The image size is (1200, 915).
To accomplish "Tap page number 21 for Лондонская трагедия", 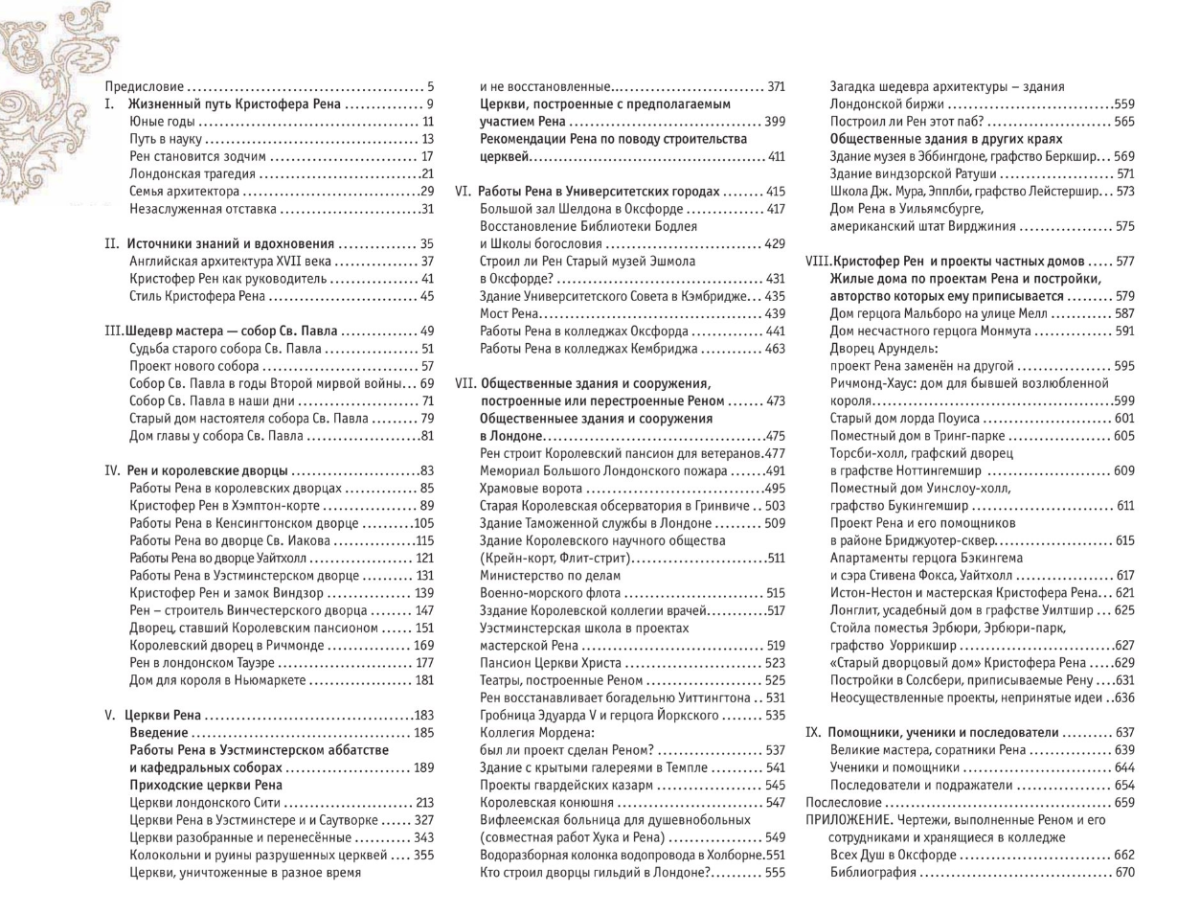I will point(427,173).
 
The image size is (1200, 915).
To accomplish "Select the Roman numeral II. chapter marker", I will point(111,243).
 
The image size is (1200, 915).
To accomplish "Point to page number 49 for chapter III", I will point(427,331).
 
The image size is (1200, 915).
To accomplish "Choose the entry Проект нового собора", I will point(194,366).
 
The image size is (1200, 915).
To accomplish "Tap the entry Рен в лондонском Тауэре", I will point(201,662).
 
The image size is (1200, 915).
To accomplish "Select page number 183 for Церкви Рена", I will point(423,715).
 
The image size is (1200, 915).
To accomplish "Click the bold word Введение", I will point(159,733).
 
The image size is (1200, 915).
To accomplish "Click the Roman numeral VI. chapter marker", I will point(463,191).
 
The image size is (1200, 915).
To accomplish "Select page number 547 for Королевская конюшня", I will point(775,802).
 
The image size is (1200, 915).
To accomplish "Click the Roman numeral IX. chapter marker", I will point(814,732).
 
